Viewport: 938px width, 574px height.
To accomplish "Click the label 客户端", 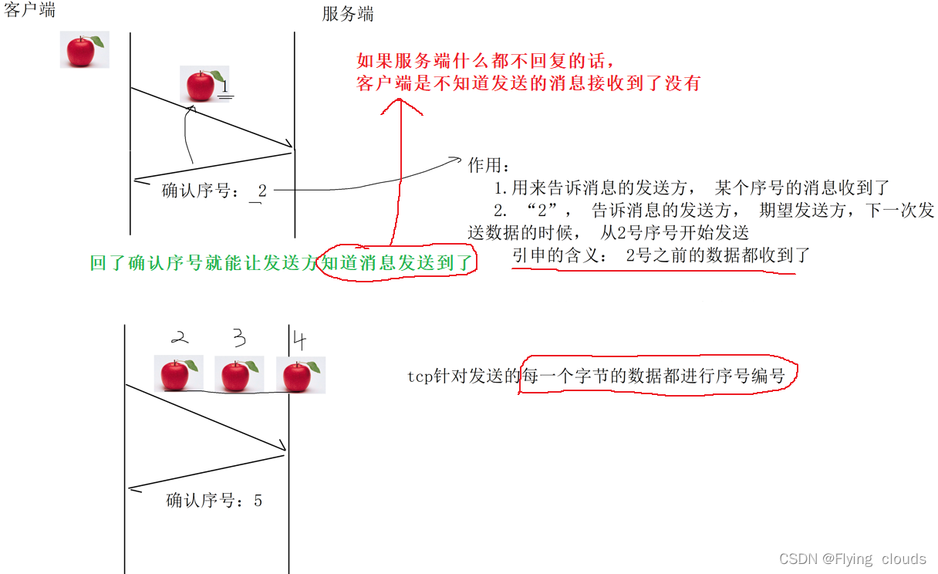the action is [29, 10].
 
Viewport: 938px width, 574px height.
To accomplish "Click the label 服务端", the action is [348, 15].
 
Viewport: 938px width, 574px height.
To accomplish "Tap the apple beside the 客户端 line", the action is [83, 49].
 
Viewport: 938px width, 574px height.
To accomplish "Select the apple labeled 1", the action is [202, 83].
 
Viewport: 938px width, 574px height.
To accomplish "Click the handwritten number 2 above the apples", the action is [179, 338].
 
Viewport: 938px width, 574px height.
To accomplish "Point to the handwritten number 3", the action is [239, 339].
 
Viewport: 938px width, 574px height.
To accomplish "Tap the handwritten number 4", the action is [299, 339].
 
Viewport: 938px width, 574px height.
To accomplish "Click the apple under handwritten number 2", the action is [177, 375].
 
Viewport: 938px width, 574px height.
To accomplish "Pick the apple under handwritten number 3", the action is [238, 375].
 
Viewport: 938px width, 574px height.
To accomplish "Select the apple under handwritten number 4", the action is [300, 376].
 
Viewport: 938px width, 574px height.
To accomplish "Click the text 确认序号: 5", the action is [214, 501].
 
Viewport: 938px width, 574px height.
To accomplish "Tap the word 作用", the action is [488, 165].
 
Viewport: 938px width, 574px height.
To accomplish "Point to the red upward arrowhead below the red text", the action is [401, 107].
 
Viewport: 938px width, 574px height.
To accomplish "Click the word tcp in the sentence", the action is [417, 376].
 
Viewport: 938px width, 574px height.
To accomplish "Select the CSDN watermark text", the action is [852, 559].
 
